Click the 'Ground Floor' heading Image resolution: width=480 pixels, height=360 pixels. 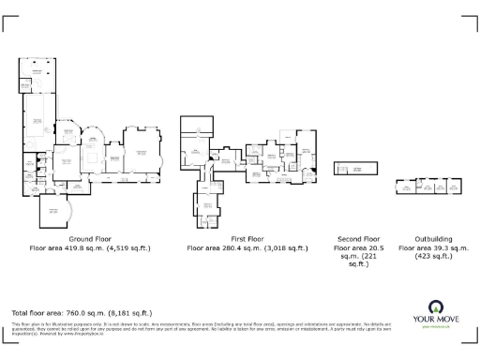coord(90,239)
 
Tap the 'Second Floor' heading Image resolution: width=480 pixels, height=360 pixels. coord(358,239)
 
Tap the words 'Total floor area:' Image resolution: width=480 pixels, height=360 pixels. coord(37,312)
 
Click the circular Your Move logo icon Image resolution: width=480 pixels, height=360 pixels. coord(436,307)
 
